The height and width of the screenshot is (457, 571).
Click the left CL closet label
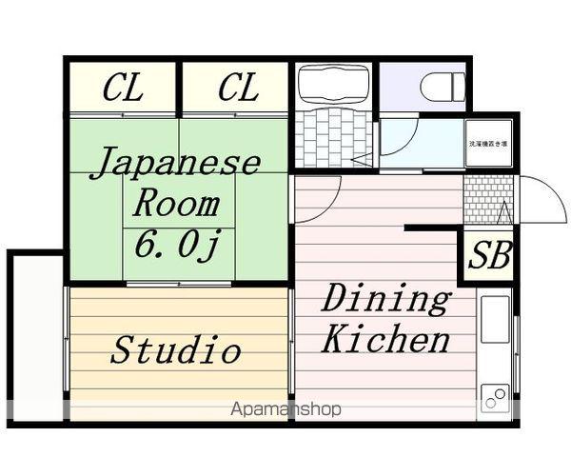(123, 89)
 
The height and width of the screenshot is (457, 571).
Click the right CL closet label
(237, 89)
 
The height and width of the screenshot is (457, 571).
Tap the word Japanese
(177, 162)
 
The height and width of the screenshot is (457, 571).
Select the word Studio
(176, 349)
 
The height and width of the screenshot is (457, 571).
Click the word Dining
(384, 300)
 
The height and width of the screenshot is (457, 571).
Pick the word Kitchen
(384, 340)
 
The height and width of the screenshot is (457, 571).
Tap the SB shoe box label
(490, 255)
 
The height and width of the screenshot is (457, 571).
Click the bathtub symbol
(334, 87)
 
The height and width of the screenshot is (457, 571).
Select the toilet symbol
(443, 87)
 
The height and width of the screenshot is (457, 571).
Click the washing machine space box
(488, 143)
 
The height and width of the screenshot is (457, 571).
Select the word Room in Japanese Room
(175, 203)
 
